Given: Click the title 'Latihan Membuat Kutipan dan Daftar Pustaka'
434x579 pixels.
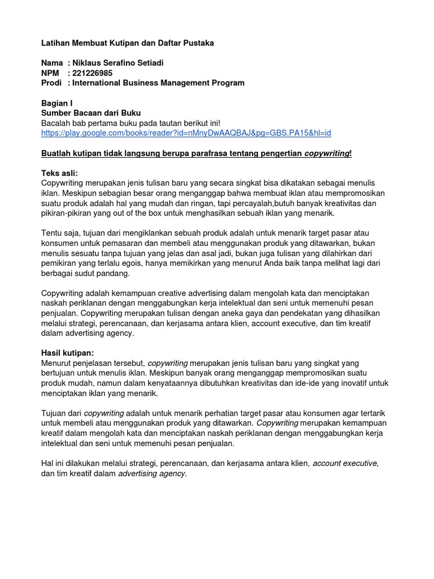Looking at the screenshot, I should click(x=128, y=43).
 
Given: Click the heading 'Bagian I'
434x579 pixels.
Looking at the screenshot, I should click(x=57, y=103).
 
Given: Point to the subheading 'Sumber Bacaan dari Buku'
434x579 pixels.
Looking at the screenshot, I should click(x=91, y=113).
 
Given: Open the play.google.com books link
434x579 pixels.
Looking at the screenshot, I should click(x=186, y=133).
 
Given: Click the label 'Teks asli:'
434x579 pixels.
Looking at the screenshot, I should click(x=60, y=172).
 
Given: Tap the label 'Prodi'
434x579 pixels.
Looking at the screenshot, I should click(x=51, y=83).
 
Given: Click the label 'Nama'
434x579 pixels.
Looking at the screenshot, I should click(x=53, y=63).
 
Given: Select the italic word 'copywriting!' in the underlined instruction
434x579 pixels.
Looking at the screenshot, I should click(x=328, y=153).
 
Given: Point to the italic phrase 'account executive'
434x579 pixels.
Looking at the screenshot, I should click(x=345, y=463).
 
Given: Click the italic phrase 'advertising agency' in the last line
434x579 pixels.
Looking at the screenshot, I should click(x=151, y=473).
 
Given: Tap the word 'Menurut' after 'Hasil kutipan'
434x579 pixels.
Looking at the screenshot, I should click(x=57, y=362).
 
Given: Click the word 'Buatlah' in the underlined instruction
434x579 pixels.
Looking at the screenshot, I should click(x=57, y=153).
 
